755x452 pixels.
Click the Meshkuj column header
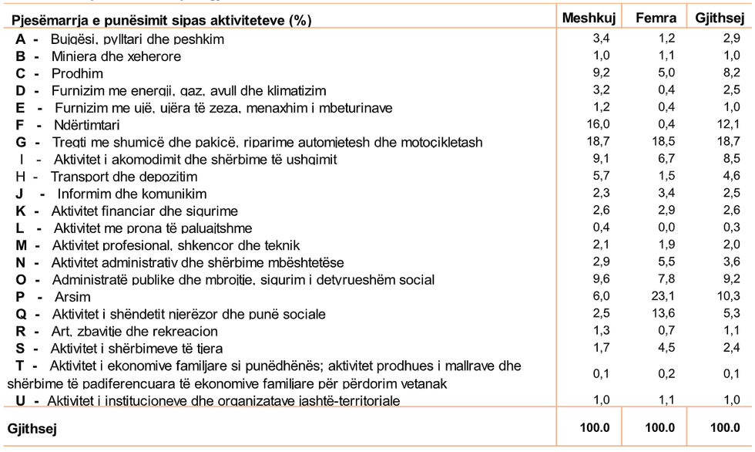pyautogui.click(x=589, y=19)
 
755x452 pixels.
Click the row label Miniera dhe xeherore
pyautogui.click(x=116, y=56)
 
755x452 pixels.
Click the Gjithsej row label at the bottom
pyautogui.click(x=32, y=427)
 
